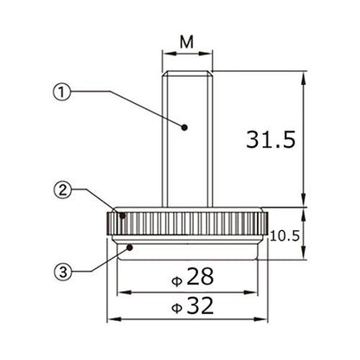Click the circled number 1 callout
[x=61, y=92]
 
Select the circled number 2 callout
[x=62, y=190]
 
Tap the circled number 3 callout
[x=63, y=272]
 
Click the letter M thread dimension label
[x=187, y=42]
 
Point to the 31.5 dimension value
[x=271, y=139]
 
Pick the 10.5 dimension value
[x=286, y=236]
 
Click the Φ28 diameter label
[x=193, y=277]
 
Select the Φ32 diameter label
[x=193, y=305]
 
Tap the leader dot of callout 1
[x=184, y=127]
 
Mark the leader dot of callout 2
[x=123, y=215]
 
